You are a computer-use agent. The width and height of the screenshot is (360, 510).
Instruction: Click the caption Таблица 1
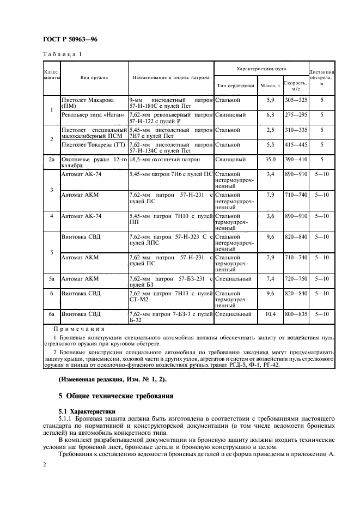point(62,54)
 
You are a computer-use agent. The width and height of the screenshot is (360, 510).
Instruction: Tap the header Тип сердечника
point(235,86)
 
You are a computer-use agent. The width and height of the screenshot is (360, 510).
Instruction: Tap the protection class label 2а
point(51,160)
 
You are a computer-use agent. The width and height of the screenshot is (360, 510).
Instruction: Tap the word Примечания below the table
point(79,329)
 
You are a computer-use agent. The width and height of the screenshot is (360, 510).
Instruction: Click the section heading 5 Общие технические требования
point(116,396)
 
